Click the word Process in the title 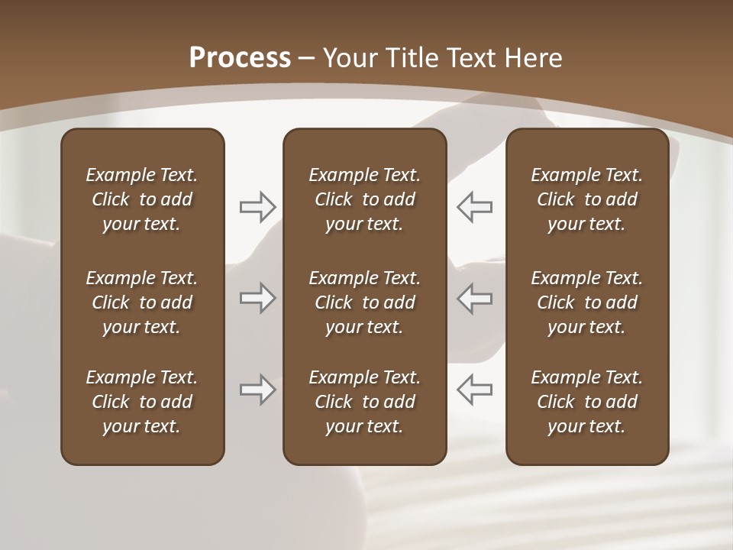point(240,58)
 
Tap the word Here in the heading point(534,58)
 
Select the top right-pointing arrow point(257,206)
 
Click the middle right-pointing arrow point(257,298)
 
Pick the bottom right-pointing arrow point(257,390)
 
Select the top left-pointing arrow point(474,206)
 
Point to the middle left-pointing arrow point(474,298)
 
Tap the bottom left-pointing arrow point(474,390)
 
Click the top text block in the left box point(142,199)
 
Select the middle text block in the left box point(142,302)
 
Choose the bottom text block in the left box point(142,402)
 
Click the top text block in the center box point(364,199)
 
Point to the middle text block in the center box point(364,302)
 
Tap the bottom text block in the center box point(364,402)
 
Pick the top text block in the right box point(586,199)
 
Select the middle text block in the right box point(586,302)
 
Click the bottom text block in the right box point(586,402)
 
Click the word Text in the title point(473,58)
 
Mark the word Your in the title point(351,58)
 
